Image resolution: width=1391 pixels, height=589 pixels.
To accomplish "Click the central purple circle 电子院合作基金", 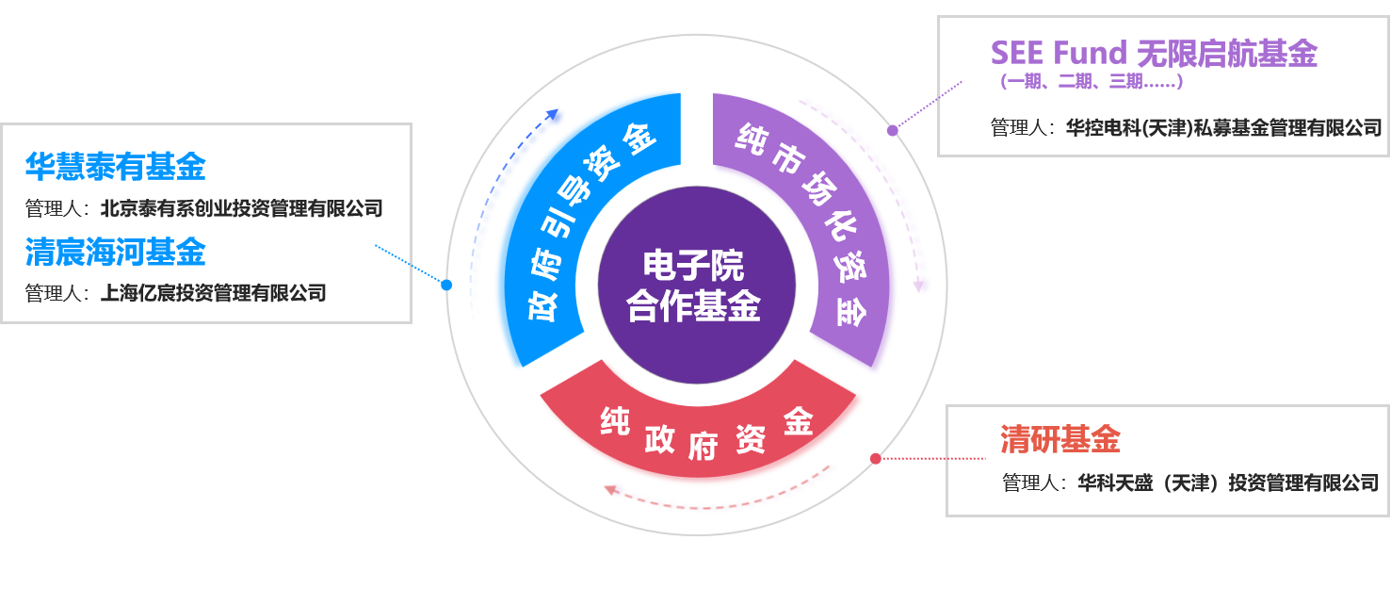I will click(696, 285).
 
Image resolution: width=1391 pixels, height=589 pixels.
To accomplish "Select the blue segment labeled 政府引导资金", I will click(575, 226).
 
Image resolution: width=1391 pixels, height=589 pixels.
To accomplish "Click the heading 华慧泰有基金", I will click(115, 167).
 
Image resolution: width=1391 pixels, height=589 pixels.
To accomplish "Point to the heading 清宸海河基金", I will click(115, 252).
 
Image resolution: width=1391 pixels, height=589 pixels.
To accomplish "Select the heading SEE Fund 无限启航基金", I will click(1153, 54).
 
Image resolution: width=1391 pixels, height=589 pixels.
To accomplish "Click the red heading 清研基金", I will click(1059, 439).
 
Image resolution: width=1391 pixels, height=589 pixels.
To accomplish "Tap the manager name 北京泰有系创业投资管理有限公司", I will click(242, 208).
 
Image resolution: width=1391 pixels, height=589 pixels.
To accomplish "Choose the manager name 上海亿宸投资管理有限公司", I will click(214, 293).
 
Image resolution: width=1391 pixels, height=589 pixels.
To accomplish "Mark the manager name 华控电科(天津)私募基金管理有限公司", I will click(1223, 127).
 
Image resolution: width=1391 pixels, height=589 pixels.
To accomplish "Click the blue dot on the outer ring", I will click(446, 285).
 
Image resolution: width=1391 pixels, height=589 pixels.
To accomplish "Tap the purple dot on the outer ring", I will click(892, 130).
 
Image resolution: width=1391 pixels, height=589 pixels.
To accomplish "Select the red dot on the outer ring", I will click(875, 459).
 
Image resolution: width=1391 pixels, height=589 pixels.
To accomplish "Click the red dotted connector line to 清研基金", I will click(932, 459).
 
